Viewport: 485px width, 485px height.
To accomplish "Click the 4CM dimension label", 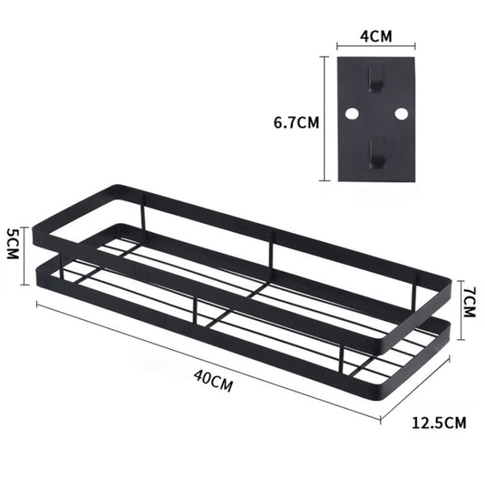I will coord(376,36).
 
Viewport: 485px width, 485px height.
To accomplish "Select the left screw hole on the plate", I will coord(352,115).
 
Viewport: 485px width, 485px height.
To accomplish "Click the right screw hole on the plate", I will coord(400,115).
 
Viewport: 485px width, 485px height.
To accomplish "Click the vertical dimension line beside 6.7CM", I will coord(327,119).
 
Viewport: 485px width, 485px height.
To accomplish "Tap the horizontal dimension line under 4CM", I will coord(376,48).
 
